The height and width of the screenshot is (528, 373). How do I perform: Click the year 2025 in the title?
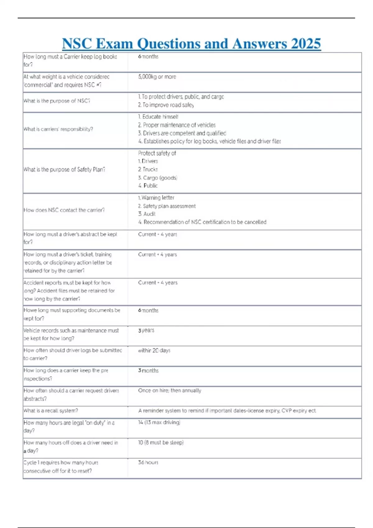click(x=306, y=44)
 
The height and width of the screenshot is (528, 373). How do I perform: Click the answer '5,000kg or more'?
click(x=157, y=77)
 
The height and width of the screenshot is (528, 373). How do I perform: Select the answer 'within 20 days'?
click(x=154, y=350)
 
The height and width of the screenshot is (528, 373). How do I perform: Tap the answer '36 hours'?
click(x=148, y=462)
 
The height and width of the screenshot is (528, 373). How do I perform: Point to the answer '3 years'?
click(x=146, y=330)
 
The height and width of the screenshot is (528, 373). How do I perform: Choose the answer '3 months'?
click(x=148, y=371)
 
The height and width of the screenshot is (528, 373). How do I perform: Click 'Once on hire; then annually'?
click(x=169, y=390)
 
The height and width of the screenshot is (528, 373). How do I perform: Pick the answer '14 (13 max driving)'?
click(x=159, y=422)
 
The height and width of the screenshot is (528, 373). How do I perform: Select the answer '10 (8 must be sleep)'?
click(x=161, y=442)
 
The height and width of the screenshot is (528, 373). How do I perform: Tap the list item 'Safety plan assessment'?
click(x=167, y=206)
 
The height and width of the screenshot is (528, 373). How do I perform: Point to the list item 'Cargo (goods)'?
click(x=158, y=178)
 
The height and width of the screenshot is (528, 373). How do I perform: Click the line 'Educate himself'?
click(x=158, y=117)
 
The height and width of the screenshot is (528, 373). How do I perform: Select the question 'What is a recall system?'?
click(x=51, y=411)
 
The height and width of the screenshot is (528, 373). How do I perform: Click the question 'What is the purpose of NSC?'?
click(x=57, y=101)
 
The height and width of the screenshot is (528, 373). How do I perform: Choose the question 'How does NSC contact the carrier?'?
click(x=64, y=210)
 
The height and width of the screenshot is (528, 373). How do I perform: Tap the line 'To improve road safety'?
click(x=166, y=105)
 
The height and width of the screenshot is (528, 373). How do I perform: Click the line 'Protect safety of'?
click(x=157, y=153)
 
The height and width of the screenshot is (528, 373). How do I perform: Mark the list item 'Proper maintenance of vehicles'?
click(x=177, y=125)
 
